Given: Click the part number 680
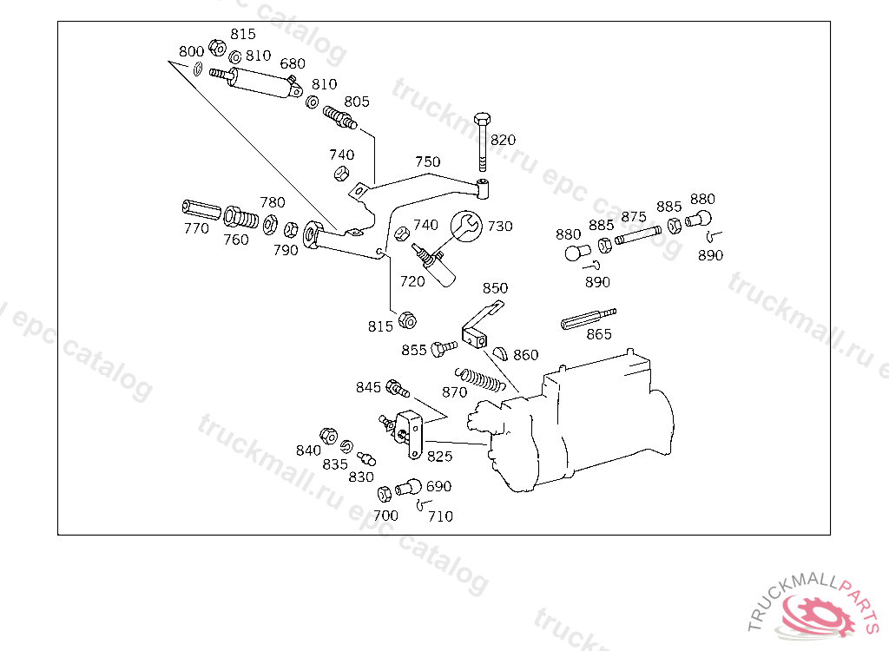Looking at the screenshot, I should (293, 63).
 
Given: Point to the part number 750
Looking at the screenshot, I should (427, 162).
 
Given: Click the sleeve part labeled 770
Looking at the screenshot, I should (201, 209).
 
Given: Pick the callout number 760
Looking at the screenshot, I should (236, 240).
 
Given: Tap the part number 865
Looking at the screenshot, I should (599, 334).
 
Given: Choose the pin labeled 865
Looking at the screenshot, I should (588, 318).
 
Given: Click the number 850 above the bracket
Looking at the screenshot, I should (495, 288).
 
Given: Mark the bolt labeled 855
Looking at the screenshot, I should (444, 347).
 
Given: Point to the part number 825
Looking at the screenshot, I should (439, 456).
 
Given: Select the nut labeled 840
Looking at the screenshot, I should (328, 434).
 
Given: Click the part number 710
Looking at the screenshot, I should (440, 516).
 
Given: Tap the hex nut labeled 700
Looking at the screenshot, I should (385, 495).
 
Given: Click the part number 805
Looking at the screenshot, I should (356, 102).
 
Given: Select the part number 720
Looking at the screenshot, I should (412, 281).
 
